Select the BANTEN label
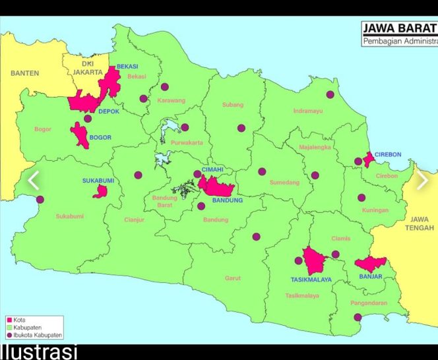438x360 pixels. tap(24, 73)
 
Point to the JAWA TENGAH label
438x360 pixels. tap(420, 224)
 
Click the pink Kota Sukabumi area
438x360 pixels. tap(100, 191)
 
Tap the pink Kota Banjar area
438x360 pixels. tap(370, 264)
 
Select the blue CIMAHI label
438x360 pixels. tap(212, 169)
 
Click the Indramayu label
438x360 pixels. tap(308, 111)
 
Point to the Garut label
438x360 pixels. tap(233, 278)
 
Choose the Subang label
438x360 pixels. tap(233, 105)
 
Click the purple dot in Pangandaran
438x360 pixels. tap(357, 317)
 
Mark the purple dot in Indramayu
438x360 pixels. tap(330, 95)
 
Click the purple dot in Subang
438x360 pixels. tap(241, 128)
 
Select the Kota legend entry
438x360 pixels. tap(20, 320)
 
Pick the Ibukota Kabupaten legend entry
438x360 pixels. tap(35, 334)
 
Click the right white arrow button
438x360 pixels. tap(422, 179)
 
